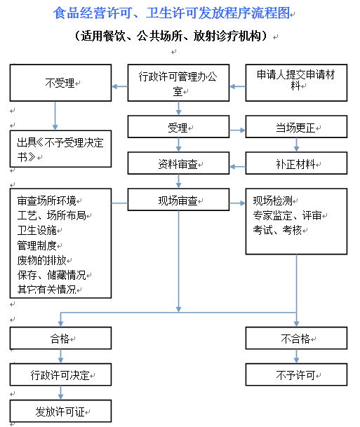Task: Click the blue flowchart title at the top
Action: coord(171,13)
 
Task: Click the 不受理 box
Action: coord(60,83)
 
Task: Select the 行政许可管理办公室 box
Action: coord(178,83)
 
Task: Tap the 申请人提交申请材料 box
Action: coord(296,83)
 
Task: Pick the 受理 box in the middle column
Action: coord(178,127)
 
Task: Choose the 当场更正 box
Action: coord(296,127)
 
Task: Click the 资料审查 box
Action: coord(178,163)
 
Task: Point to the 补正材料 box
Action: coord(296,163)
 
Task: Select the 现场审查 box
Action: coord(178,200)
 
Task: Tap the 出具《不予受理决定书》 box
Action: coord(60,149)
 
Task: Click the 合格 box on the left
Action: coord(60,338)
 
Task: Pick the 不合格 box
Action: coord(296,338)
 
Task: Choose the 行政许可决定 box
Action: coord(60,374)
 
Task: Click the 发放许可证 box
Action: coord(60,411)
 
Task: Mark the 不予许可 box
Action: coord(296,374)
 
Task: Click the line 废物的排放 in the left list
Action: coord(41,260)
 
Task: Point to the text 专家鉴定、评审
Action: coord(287,215)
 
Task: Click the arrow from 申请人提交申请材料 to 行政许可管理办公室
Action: coord(238,87)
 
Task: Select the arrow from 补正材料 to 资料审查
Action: coord(238,167)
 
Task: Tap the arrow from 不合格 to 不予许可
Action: coord(297,356)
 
